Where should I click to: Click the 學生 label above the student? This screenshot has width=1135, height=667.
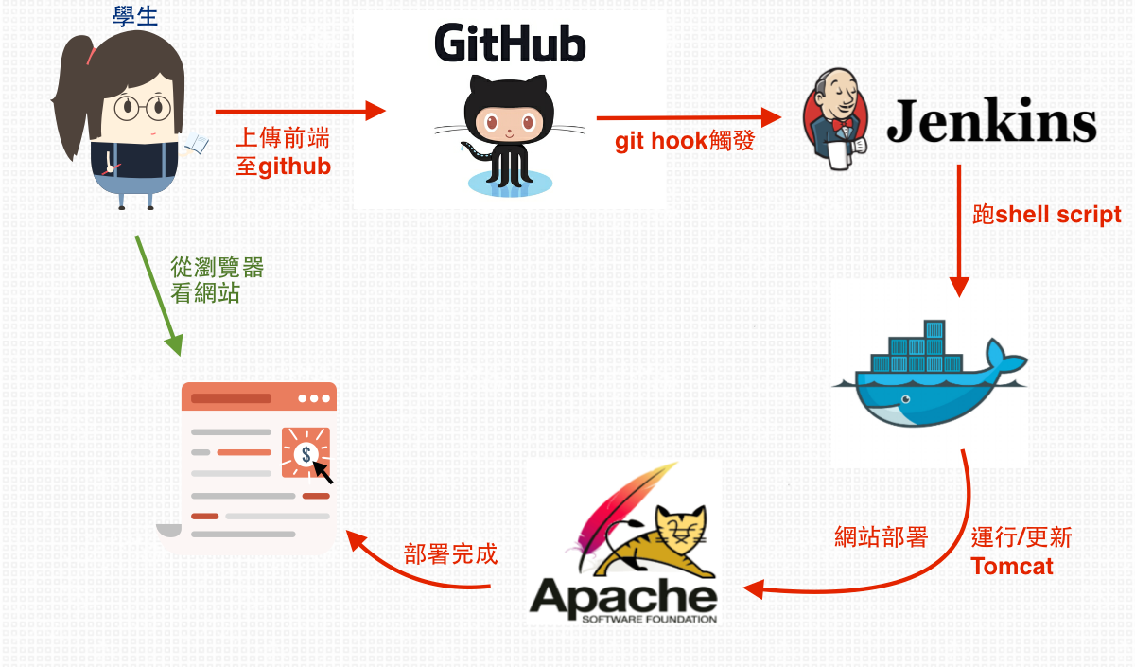pos(135,17)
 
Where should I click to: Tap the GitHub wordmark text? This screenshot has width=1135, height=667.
pos(510,44)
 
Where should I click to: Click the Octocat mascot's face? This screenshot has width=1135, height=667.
pos(509,123)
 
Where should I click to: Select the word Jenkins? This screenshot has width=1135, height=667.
pos(991,121)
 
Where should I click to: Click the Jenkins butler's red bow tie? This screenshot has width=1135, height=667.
pos(842,124)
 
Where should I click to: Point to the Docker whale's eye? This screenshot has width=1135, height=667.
pos(905,400)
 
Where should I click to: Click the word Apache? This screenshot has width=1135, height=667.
pos(623,597)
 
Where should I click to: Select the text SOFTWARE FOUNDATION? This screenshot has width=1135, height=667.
pos(649,619)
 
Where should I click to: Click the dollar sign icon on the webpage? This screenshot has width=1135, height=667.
pos(306,454)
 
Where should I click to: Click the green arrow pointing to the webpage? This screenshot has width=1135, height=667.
pos(159,295)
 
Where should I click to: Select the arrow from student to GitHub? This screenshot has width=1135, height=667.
pos(301,111)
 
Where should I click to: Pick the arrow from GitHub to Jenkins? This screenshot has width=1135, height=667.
pos(690,118)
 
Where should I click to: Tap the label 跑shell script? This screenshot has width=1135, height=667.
pos(1047,215)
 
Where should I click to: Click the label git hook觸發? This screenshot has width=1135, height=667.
pos(685,140)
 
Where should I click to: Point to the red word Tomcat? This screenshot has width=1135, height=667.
pos(1012,566)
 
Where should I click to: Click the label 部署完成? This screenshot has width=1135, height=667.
pos(450,554)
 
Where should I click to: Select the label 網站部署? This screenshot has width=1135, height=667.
pos(882,536)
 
